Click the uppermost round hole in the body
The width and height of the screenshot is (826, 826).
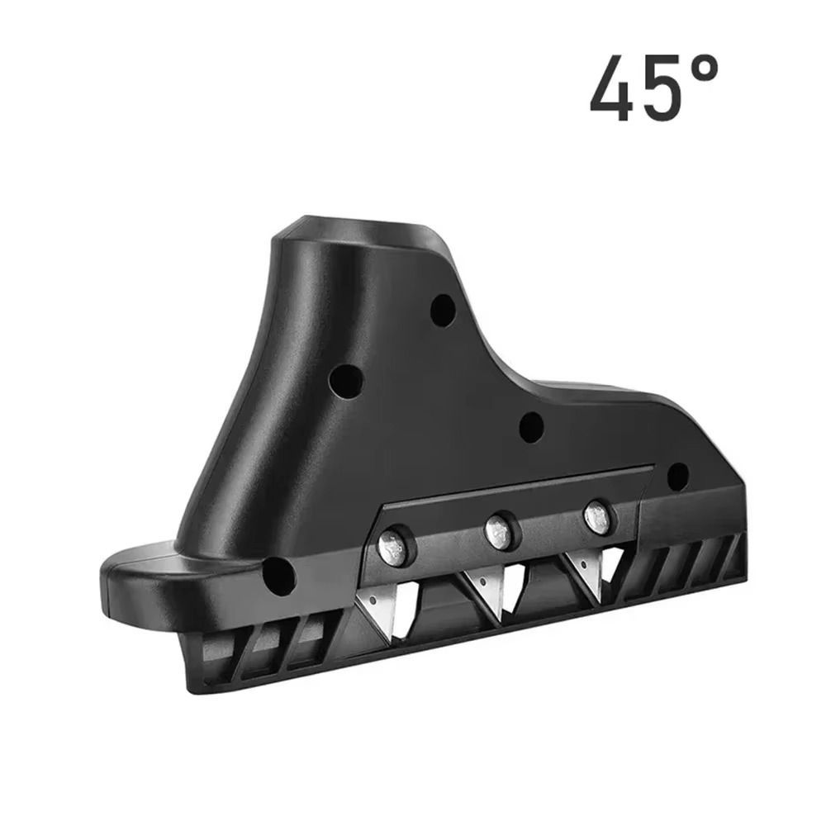(x=443, y=310)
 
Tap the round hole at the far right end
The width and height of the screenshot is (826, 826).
(x=677, y=476)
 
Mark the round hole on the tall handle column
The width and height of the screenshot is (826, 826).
(x=345, y=381)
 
